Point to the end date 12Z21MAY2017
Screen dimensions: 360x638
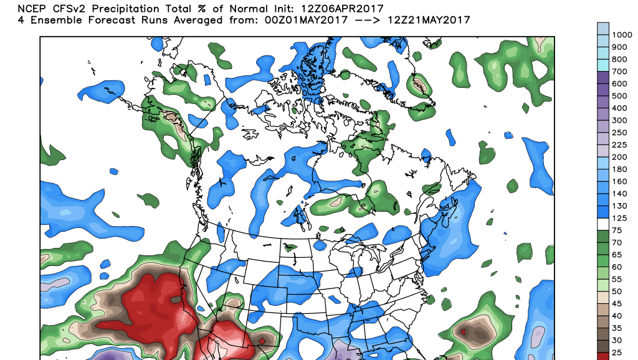click(428, 21)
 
